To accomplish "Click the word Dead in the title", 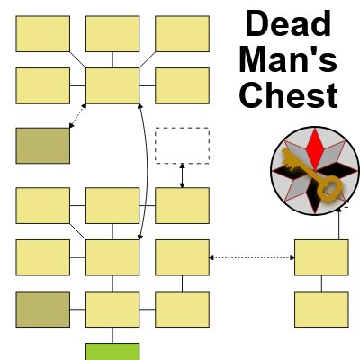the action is [288, 23].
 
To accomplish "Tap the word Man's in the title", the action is [288, 59].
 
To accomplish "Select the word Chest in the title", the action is [289, 94].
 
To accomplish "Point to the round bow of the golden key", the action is [329, 188].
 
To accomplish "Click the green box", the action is [112, 352].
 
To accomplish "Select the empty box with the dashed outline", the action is [182, 146].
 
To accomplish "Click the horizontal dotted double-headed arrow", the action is [252, 257].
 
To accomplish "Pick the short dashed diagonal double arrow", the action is [77, 116].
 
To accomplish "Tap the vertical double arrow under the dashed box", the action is [182, 175].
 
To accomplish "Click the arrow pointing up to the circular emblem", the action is [339, 223].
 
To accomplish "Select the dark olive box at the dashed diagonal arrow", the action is [43, 146].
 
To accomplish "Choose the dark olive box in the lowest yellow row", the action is [43, 309].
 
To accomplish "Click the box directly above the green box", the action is [112, 309].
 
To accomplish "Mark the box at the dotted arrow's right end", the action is [321, 257].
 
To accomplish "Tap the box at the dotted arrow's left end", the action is [182, 257].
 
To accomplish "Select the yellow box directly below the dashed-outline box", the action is [182, 206].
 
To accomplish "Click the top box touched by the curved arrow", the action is [112, 85].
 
